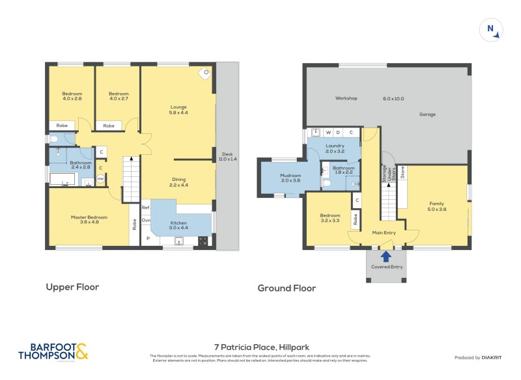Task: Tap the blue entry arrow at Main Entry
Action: pyautogui.click(x=386, y=245)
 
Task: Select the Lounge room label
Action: pyautogui.click(x=178, y=110)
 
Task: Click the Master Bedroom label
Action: pyautogui.click(x=89, y=220)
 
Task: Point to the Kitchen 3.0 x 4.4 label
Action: pyautogui.click(x=178, y=225)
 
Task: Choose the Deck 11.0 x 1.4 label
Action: pyautogui.click(x=227, y=156)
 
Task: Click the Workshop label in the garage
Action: pyautogui.click(x=346, y=98)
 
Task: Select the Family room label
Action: pyautogui.click(x=436, y=206)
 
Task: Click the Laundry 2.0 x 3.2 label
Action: pyautogui.click(x=335, y=148)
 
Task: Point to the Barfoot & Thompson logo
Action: pyautogui.click(x=53, y=351)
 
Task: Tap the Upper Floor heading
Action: pyautogui.click(x=72, y=286)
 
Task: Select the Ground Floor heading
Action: pyautogui.click(x=287, y=288)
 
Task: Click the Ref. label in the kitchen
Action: pyautogui.click(x=147, y=208)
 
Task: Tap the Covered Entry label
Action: pyautogui.click(x=387, y=267)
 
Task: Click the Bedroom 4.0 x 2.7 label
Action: pyautogui.click(x=118, y=96)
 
